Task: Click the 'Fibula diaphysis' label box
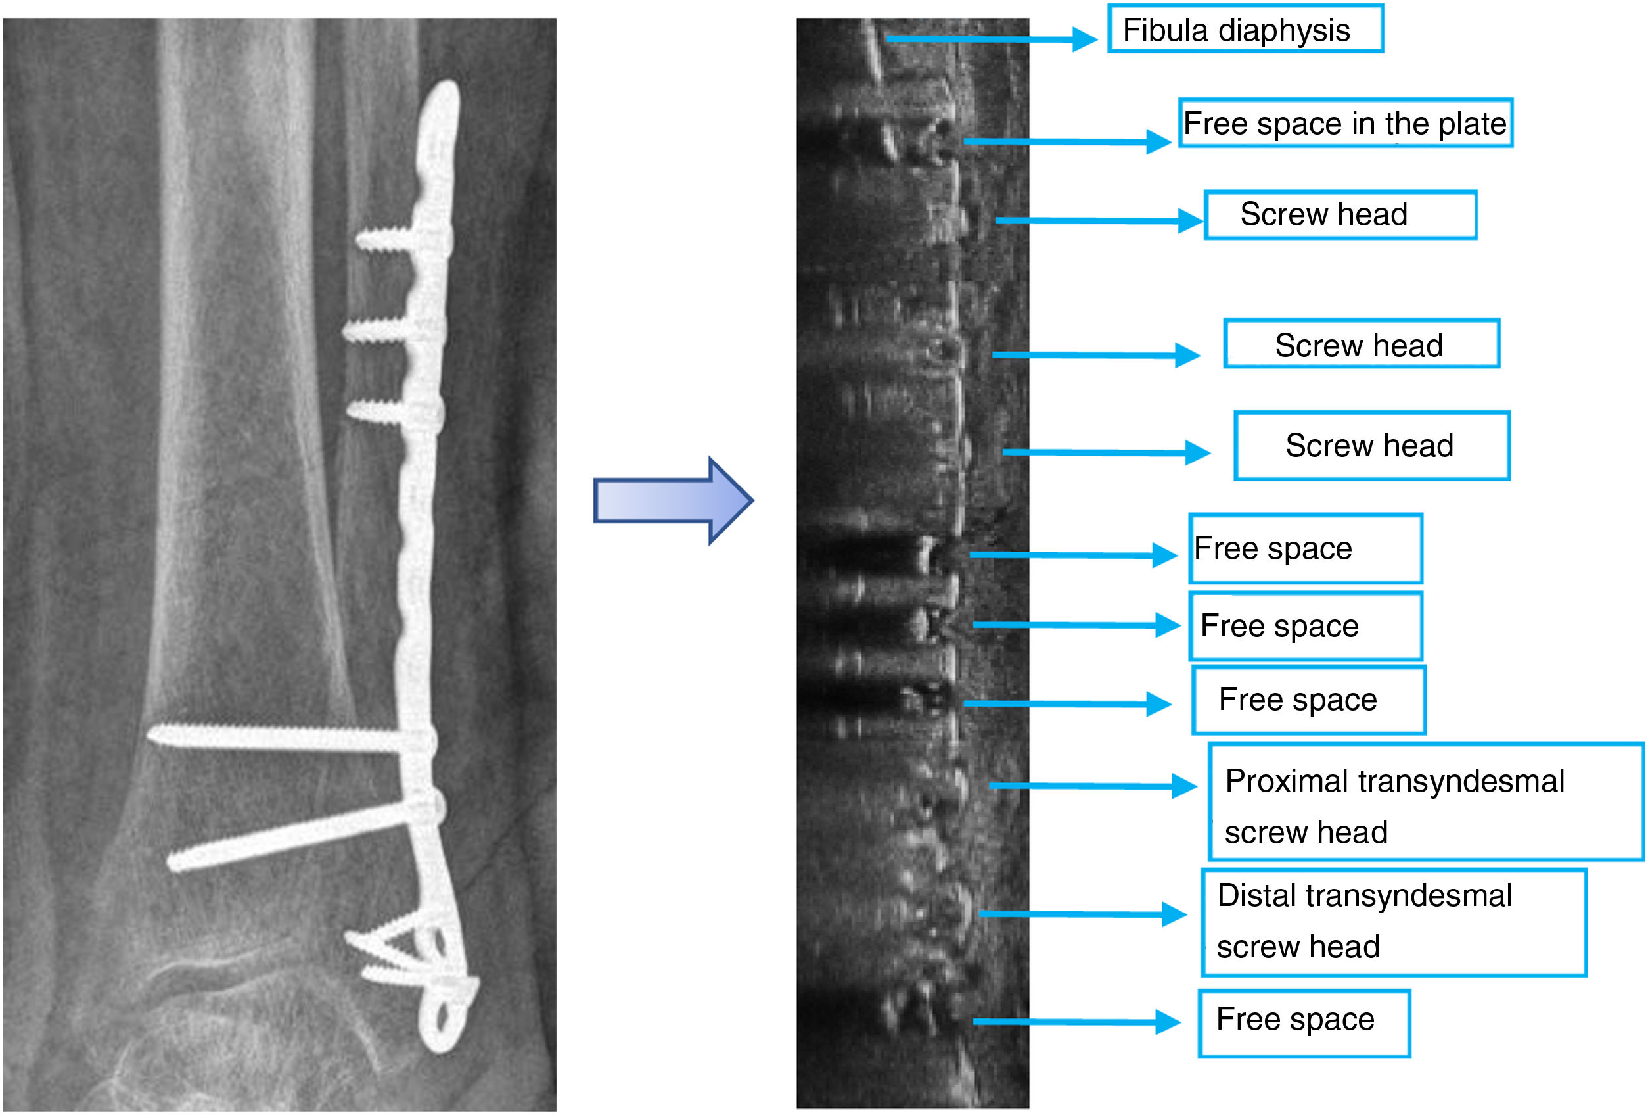(1245, 28)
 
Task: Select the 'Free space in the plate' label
(1344, 123)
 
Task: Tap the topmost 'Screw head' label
(1340, 214)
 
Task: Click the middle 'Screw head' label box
(1361, 344)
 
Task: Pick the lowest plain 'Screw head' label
(1371, 446)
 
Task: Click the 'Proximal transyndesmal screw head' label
(1425, 802)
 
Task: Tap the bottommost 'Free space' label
(1304, 1023)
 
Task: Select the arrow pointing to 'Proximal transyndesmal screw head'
(1092, 785)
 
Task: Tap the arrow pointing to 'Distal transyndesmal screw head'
(1082, 914)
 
